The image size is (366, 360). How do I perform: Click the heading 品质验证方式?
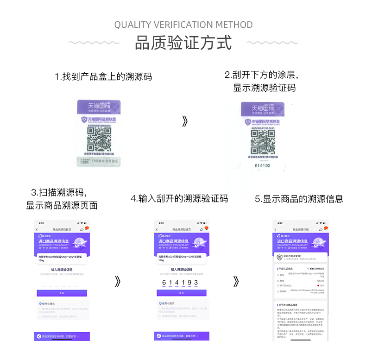click(x=183, y=43)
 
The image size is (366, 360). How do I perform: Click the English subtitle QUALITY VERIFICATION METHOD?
click(x=183, y=25)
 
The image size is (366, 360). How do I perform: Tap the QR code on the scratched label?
click(x=263, y=142)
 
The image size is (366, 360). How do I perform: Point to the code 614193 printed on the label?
click(x=263, y=165)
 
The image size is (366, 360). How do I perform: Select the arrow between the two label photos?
click(x=185, y=121)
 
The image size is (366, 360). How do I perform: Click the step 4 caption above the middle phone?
click(x=179, y=199)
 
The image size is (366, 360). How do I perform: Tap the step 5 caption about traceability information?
click(x=299, y=199)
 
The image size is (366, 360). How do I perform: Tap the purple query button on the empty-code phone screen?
click(x=62, y=293)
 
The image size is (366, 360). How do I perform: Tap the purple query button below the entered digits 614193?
click(x=181, y=293)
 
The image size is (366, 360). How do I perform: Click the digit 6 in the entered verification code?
click(x=163, y=283)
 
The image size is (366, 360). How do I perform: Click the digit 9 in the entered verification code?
click(x=189, y=283)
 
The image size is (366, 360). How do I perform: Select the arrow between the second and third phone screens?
click(x=236, y=281)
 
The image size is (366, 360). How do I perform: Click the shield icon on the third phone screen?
click(x=279, y=257)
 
